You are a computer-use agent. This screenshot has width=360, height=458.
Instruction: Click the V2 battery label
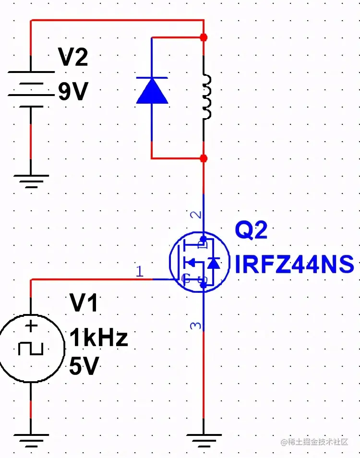pos(73,58)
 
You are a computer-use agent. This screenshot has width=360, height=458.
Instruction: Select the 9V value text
pos(73,92)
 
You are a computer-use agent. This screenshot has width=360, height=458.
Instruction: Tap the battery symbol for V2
pos(31,89)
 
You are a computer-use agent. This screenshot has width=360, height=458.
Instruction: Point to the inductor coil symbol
pos(206,96)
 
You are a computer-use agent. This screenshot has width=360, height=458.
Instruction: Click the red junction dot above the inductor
pos(204,37)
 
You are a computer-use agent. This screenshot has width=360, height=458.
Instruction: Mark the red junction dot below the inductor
pos(204,158)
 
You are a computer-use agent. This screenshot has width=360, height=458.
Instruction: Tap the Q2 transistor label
pos(251,231)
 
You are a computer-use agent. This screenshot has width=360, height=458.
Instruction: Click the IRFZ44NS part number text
pos(294,264)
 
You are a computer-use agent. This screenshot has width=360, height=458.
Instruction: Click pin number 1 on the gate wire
pos(139,272)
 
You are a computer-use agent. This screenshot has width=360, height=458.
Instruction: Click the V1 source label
pos(84,303)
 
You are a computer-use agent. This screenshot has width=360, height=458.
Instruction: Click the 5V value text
pos(84,367)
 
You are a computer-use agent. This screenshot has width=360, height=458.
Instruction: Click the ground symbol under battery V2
pos(31,180)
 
